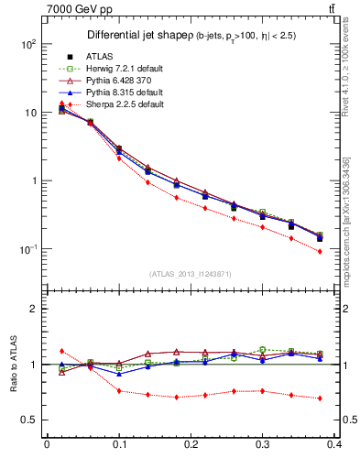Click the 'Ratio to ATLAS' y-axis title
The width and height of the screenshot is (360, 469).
click(13, 365)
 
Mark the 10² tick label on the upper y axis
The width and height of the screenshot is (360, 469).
click(28, 44)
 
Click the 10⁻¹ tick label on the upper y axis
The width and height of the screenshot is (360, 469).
click(28, 249)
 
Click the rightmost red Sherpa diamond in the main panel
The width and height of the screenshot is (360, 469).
click(320, 251)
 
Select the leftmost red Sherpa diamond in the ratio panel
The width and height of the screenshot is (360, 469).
click(61, 351)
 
